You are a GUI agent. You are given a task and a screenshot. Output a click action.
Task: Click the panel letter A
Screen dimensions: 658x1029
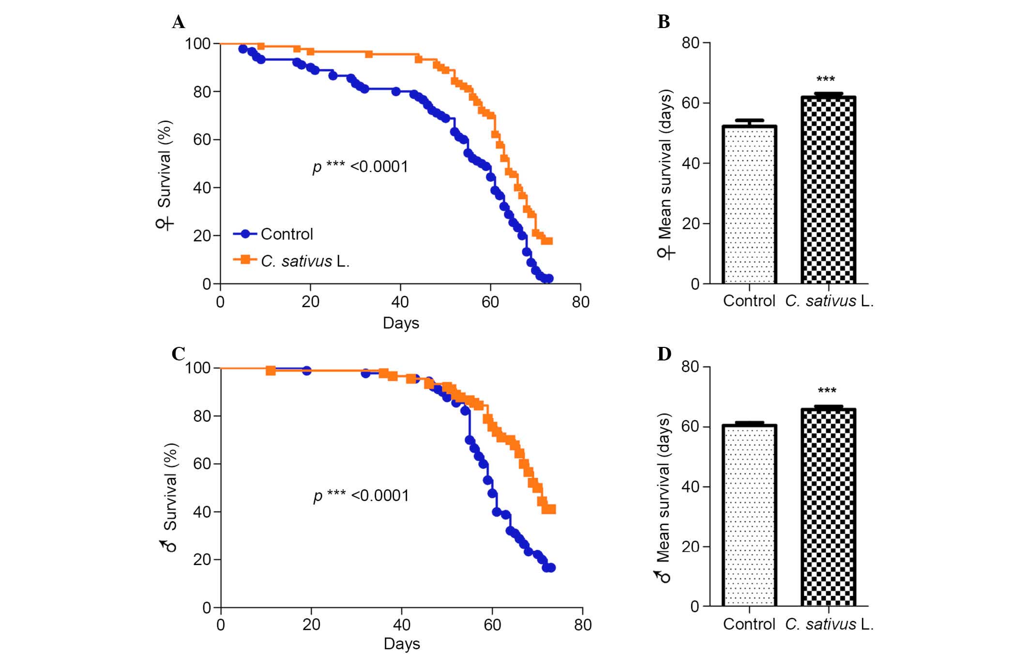click(178, 22)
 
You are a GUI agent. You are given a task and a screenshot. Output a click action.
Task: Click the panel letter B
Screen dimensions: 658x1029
click(664, 22)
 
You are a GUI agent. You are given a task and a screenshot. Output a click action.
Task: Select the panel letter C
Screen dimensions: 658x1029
click(178, 354)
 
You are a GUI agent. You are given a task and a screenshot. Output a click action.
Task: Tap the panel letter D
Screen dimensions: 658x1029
click(664, 354)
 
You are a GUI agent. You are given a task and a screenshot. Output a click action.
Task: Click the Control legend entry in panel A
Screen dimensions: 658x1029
click(286, 234)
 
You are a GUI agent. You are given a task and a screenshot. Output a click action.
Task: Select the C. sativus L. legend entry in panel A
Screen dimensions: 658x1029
click(304, 261)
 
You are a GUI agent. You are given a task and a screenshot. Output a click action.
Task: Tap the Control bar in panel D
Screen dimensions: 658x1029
click(749, 515)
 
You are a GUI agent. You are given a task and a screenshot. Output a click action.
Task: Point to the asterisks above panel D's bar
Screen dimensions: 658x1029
click(827, 391)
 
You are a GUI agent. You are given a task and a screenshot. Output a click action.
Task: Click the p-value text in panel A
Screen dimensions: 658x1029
click(360, 167)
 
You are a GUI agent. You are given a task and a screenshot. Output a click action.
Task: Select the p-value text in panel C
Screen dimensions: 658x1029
click(361, 496)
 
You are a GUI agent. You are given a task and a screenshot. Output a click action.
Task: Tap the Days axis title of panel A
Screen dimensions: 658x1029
click(401, 323)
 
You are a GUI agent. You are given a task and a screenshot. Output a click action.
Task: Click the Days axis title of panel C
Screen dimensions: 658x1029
click(402, 644)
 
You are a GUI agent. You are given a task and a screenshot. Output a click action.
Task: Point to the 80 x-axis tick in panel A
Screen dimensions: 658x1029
click(580, 302)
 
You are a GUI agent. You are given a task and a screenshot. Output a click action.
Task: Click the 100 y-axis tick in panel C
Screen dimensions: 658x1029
click(197, 368)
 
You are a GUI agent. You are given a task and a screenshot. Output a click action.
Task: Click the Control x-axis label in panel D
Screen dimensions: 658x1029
click(749, 625)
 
